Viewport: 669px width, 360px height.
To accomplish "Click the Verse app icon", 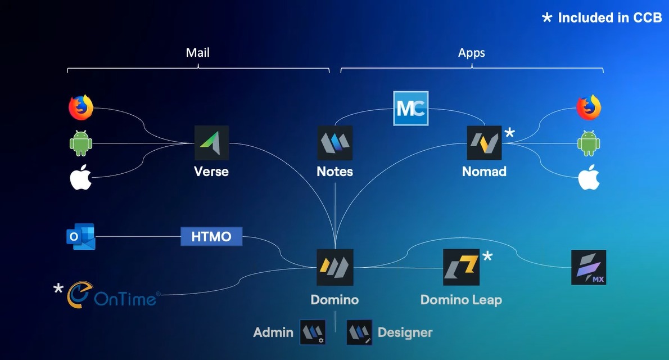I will click(211, 143).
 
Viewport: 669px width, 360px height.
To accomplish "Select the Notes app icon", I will click(335, 143).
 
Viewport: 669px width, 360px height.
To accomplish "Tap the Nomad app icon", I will click(484, 143).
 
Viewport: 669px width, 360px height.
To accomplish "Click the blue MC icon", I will click(410, 108).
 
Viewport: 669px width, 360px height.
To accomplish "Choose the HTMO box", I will click(211, 236).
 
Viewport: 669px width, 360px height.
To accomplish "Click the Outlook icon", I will click(80, 237).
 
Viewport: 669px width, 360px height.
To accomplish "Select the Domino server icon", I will click(335, 267).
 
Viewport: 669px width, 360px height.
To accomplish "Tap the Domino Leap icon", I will click(461, 267).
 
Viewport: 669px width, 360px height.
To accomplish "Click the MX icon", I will click(589, 267).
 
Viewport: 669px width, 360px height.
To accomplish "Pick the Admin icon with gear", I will click(313, 332).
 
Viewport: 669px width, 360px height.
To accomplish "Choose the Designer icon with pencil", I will click(359, 332).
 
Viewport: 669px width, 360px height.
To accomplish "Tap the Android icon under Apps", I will click(589, 143).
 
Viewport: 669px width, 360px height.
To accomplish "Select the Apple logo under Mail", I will click(80, 178).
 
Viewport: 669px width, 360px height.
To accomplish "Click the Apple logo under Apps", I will click(589, 178).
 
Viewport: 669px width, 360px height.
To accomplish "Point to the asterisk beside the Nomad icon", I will click(509, 133).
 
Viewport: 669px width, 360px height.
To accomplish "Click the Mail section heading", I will click(197, 53).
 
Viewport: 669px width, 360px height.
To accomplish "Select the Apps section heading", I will click(471, 53).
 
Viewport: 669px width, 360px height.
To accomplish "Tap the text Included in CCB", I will click(609, 17).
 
